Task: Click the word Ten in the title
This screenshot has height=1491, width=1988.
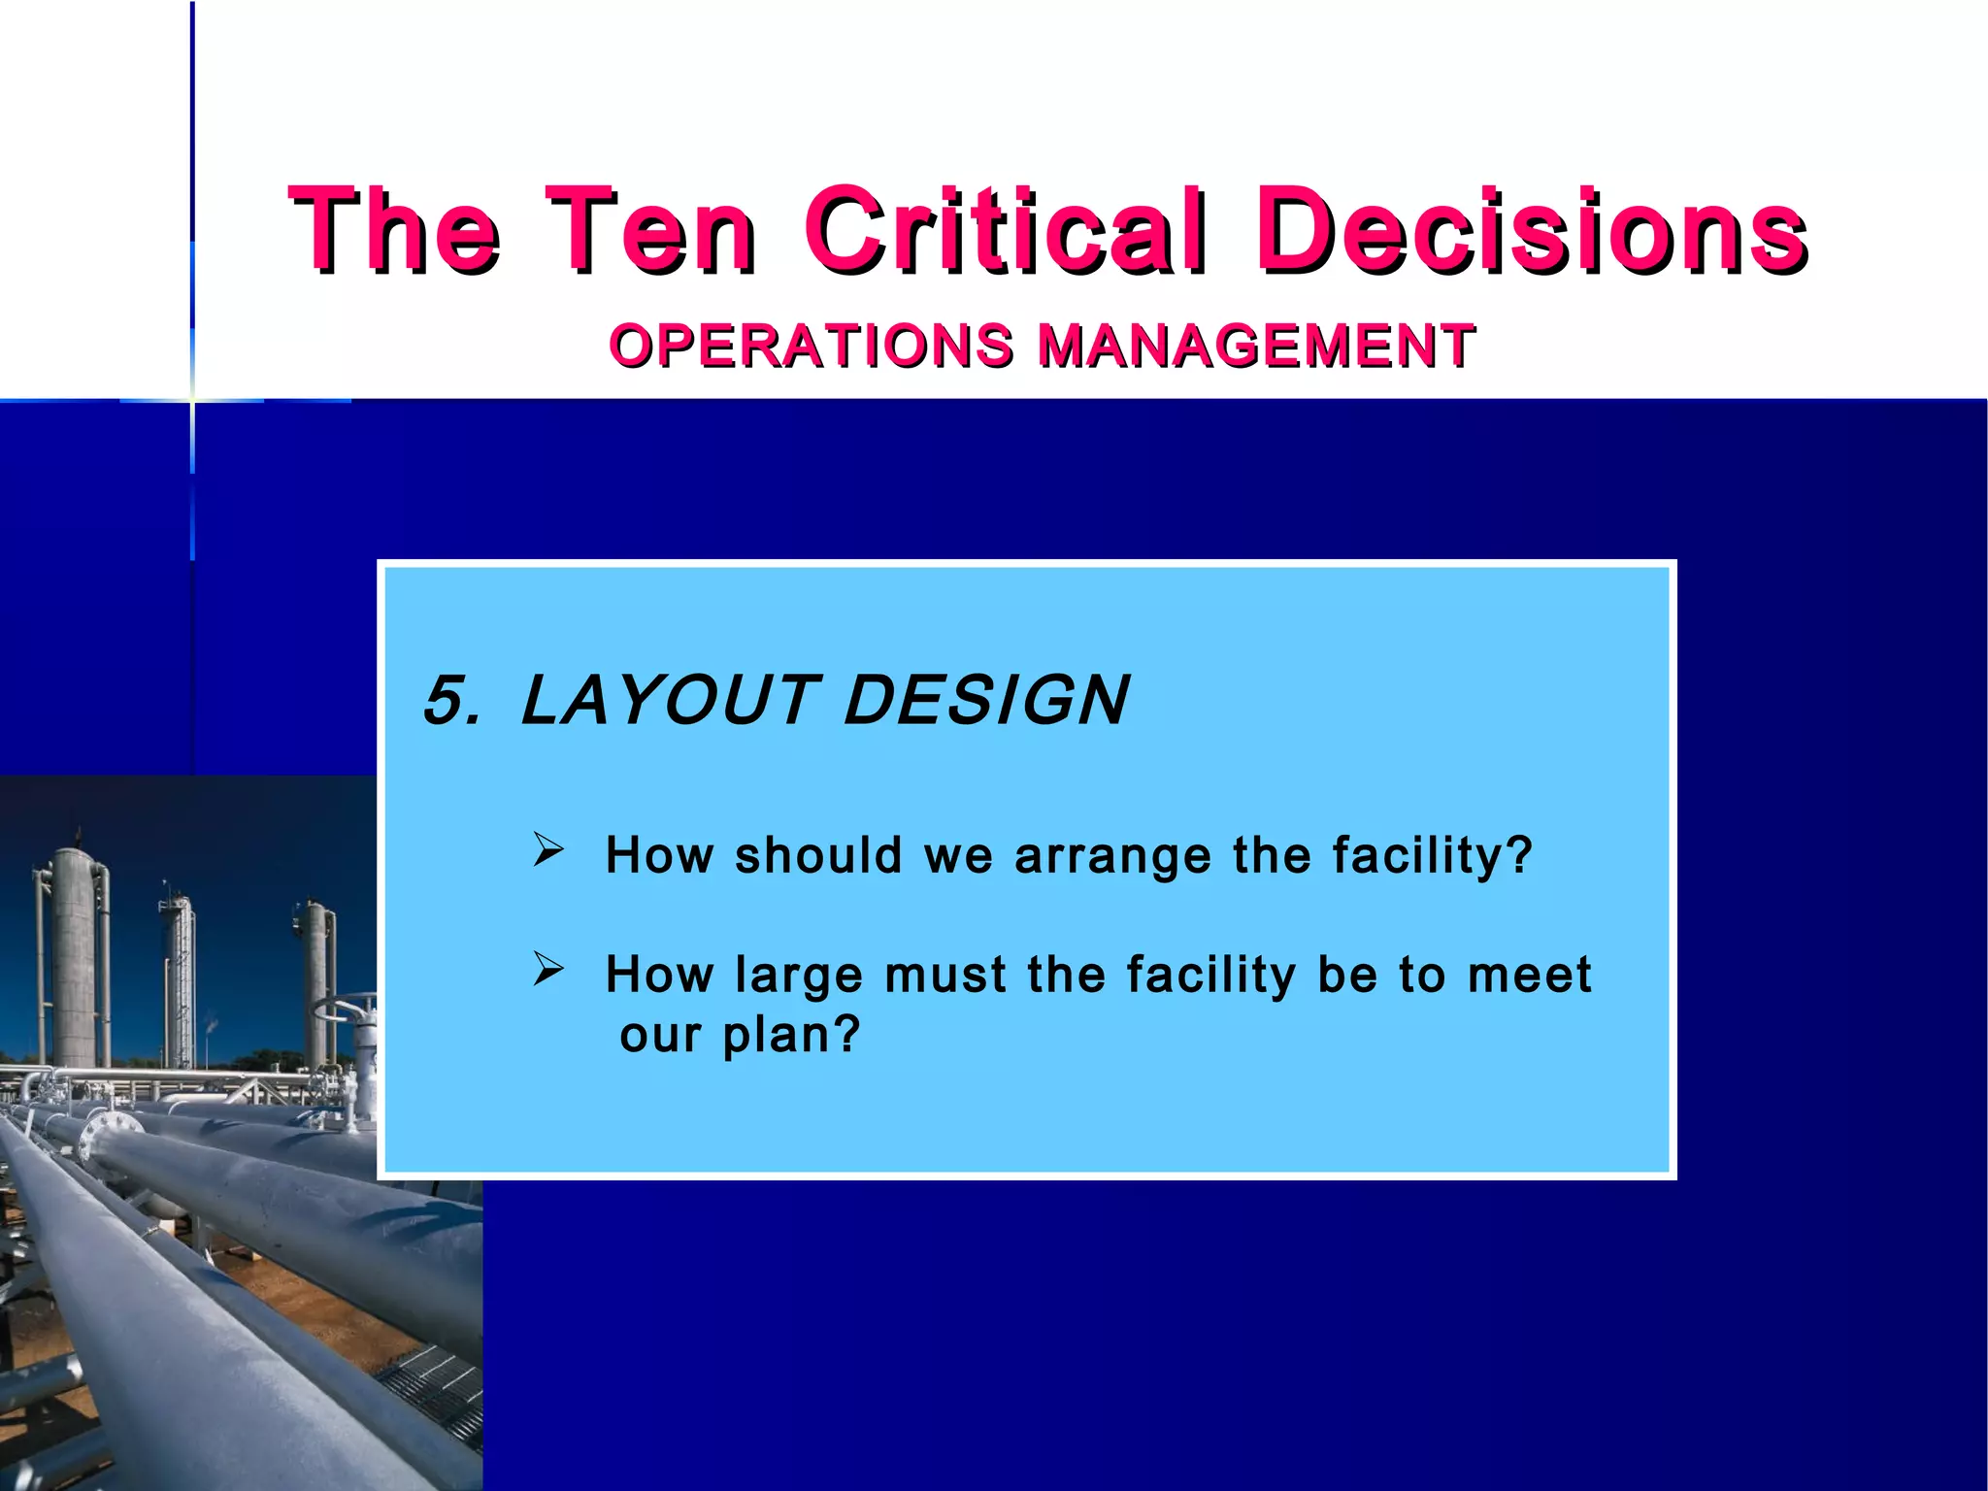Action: [650, 230]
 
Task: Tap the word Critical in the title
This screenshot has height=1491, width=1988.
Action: [1006, 230]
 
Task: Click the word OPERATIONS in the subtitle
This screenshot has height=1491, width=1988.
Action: [812, 346]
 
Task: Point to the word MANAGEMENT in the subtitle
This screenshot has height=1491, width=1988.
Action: [1256, 346]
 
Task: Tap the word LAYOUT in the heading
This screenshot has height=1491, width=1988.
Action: [668, 700]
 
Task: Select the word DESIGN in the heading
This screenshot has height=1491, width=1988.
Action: [985, 700]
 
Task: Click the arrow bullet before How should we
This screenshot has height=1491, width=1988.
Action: [548, 850]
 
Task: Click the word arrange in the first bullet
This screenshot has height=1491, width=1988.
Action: [1112, 856]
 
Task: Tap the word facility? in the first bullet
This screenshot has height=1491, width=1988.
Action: [1432, 856]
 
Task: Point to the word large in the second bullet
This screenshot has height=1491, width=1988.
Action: [799, 976]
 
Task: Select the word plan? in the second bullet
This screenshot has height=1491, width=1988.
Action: [792, 1035]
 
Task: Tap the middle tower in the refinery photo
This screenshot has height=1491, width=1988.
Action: [179, 980]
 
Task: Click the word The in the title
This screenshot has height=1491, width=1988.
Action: [394, 230]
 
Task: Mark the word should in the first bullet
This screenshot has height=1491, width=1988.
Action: [818, 856]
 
